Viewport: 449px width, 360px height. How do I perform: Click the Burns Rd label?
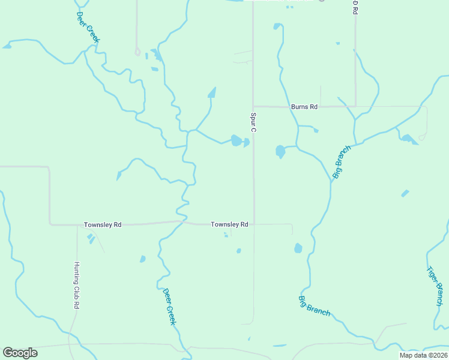[x=304, y=107]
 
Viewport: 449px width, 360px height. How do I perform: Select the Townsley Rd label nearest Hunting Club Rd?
[x=103, y=224]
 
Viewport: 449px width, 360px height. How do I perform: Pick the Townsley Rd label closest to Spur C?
[x=229, y=224]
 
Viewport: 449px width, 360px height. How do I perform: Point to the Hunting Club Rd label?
[x=77, y=285]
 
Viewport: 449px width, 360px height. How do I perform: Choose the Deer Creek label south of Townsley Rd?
[x=169, y=307]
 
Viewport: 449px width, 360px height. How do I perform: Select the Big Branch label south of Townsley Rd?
[x=314, y=305]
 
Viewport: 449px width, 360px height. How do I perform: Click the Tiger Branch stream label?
[x=435, y=286]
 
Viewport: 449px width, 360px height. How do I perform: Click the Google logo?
[x=20, y=353]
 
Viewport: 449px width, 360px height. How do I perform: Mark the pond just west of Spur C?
[x=237, y=141]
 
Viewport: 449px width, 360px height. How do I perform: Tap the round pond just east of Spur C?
[x=280, y=151]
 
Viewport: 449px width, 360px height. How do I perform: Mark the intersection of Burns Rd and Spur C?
[x=253, y=107]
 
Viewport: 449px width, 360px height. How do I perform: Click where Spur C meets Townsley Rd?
[x=254, y=224]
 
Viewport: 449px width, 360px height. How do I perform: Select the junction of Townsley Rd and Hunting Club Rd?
[x=77, y=226]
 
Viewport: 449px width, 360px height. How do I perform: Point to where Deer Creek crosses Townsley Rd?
[x=182, y=221]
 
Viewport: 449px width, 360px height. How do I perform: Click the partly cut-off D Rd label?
[x=355, y=7]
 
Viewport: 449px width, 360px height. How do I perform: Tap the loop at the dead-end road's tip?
[x=137, y=52]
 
